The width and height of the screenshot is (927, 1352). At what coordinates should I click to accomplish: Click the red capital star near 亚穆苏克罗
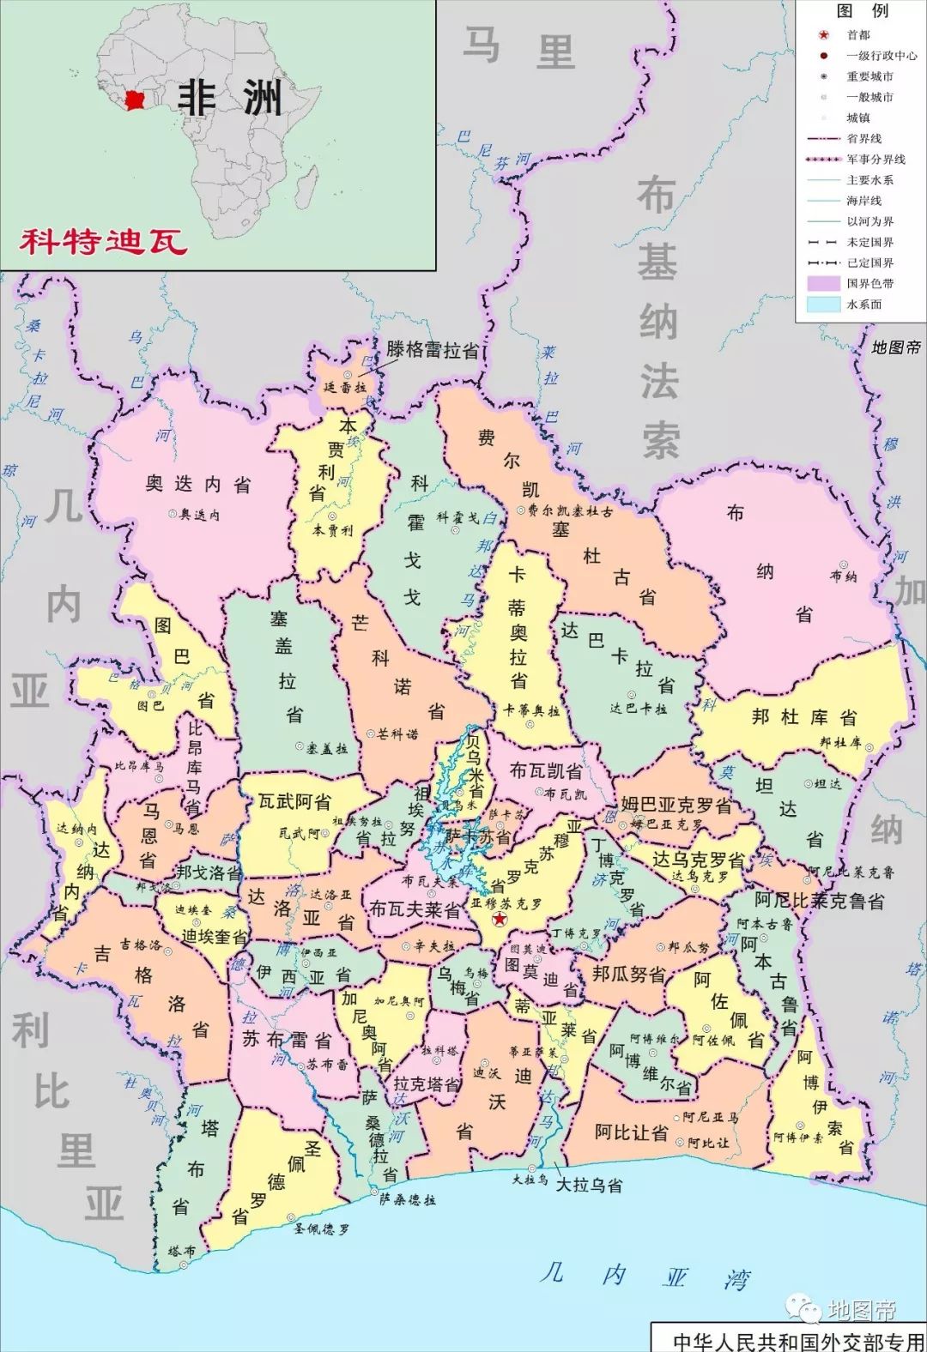(x=500, y=919)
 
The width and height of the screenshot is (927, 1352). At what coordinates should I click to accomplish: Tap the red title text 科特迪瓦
(x=104, y=242)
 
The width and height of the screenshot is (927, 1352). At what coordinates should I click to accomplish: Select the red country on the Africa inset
(x=135, y=100)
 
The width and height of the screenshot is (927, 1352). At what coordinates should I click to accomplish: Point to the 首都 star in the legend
(x=823, y=35)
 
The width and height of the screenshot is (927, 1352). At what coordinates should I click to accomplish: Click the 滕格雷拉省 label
(x=433, y=350)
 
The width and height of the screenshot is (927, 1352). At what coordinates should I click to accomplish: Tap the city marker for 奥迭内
(x=173, y=514)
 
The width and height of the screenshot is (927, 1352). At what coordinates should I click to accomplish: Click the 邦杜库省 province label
(x=804, y=717)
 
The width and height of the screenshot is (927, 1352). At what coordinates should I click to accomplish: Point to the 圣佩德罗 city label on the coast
(x=321, y=1229)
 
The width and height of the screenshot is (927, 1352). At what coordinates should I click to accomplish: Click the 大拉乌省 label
(x=589, y=1186)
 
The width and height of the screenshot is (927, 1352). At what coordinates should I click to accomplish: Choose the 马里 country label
(x=518, y=47)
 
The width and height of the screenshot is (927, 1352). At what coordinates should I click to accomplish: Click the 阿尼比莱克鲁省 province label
(x=820, y=901)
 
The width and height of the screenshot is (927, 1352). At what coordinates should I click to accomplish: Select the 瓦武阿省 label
(x=294, y=803)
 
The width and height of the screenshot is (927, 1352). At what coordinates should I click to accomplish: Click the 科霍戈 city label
(x=457, y=517)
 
